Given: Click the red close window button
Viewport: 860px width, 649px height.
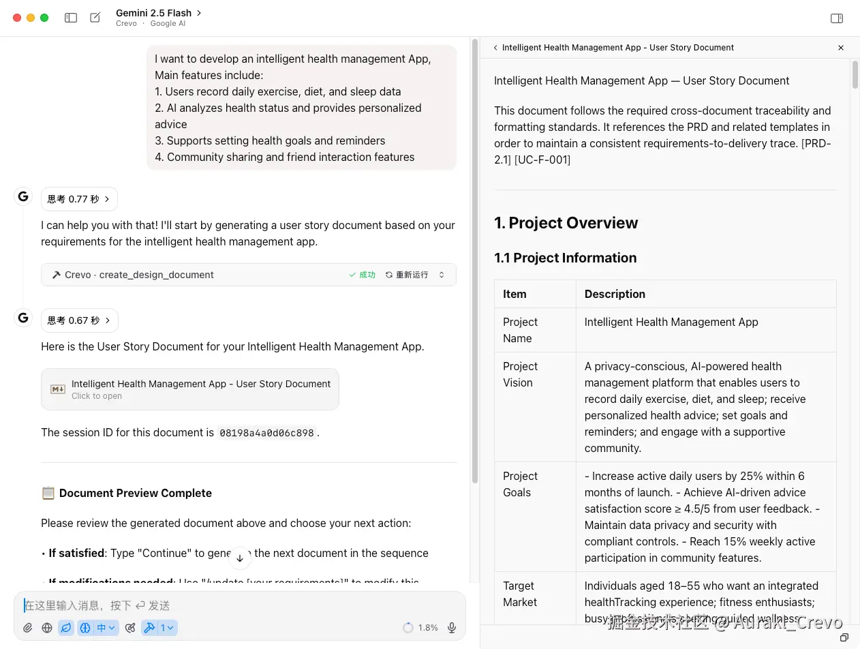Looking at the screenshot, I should point(17,18).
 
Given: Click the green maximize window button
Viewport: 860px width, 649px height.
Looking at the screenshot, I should point(44,18).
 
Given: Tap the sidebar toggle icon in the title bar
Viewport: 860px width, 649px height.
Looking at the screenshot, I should point(71,18).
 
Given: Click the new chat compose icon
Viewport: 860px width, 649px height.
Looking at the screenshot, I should point(95,18).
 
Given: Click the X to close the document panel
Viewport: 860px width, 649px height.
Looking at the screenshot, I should point(841,48).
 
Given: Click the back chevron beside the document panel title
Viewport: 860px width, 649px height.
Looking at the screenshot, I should point(495,48).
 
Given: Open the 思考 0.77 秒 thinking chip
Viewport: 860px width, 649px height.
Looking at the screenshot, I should point(79,199).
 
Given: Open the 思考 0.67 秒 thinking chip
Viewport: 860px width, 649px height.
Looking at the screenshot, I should point(79,320).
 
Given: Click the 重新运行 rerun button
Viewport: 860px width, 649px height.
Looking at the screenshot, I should point(407,275).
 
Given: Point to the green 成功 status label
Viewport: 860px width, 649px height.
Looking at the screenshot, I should point(363,275).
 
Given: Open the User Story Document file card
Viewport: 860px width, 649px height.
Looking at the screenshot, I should point(190,389).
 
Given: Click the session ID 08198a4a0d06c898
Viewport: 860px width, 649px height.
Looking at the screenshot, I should point(266,433).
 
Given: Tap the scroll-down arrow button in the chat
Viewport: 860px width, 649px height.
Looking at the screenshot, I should point(240,558).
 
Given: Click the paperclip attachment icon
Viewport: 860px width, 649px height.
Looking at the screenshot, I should point(28,628).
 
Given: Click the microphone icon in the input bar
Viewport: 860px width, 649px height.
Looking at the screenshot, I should point(451,628).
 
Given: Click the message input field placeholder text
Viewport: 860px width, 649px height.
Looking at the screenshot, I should point(97,605).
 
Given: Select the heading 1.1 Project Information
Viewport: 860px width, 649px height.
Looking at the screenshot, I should point(565,258).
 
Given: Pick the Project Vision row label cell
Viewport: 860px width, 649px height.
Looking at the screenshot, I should point(521,374).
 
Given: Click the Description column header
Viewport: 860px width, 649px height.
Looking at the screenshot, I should point(615,294).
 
